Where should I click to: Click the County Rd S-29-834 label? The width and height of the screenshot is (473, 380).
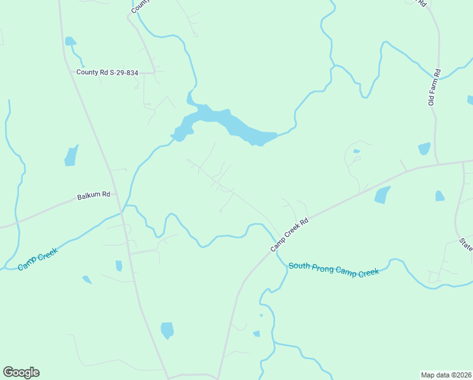[107, 72]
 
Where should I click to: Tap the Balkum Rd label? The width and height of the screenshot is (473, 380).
[94, 196]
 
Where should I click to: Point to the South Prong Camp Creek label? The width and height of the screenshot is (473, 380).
[333, 269]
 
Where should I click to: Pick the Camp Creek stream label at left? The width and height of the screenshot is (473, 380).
[38, 259]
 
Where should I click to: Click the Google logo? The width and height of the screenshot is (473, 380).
[21, 372]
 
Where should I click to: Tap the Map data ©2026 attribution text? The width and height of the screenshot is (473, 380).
[446, 374]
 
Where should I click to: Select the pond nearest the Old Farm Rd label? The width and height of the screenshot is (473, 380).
[424, 148]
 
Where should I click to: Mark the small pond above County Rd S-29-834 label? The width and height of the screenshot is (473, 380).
[70, 42]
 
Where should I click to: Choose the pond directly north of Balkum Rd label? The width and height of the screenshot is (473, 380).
[71, 155]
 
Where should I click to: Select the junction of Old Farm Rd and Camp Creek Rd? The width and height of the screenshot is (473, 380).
[436, 165]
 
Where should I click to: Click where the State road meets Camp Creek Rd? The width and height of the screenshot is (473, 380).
[464, 162]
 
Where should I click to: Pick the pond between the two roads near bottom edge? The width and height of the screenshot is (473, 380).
[167, 330]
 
